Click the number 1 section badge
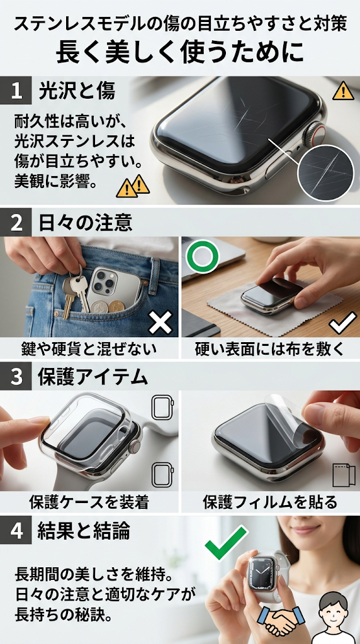click(16, 91)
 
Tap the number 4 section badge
click(16, 531)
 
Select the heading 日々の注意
click(85, 223)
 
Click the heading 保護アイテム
click(93, 377)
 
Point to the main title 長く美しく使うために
click(180, 51)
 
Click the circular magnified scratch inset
click(325, 173)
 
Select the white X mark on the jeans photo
click(160, 321)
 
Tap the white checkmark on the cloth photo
click(343, 323)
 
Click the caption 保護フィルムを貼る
click(270, 501)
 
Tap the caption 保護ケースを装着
click(89, 501)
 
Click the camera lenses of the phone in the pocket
click(105, 280)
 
